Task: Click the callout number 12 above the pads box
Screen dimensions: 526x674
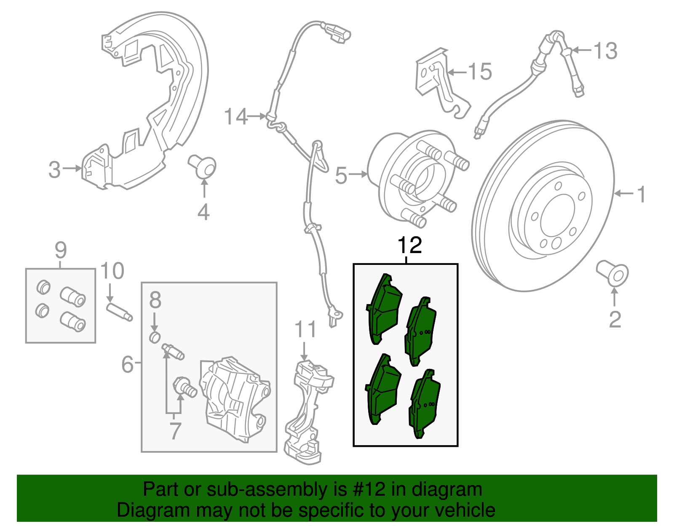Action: [409, 246]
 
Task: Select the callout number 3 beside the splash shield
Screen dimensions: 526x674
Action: [54, 170]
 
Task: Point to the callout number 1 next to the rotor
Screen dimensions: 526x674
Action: [641, 195]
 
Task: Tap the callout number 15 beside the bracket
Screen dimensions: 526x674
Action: [480, 72]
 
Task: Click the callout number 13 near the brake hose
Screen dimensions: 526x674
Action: [605, 51]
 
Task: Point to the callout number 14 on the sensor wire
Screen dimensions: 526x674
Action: [236, 117]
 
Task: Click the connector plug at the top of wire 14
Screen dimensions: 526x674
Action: [337, 33]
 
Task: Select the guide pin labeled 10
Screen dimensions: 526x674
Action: [120, 312]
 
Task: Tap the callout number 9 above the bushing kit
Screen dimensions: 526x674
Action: [61, 251]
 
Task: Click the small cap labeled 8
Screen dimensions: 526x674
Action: [155, 337]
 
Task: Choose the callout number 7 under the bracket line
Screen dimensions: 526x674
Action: [175, 430]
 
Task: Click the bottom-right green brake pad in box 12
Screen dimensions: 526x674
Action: [424, 403]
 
